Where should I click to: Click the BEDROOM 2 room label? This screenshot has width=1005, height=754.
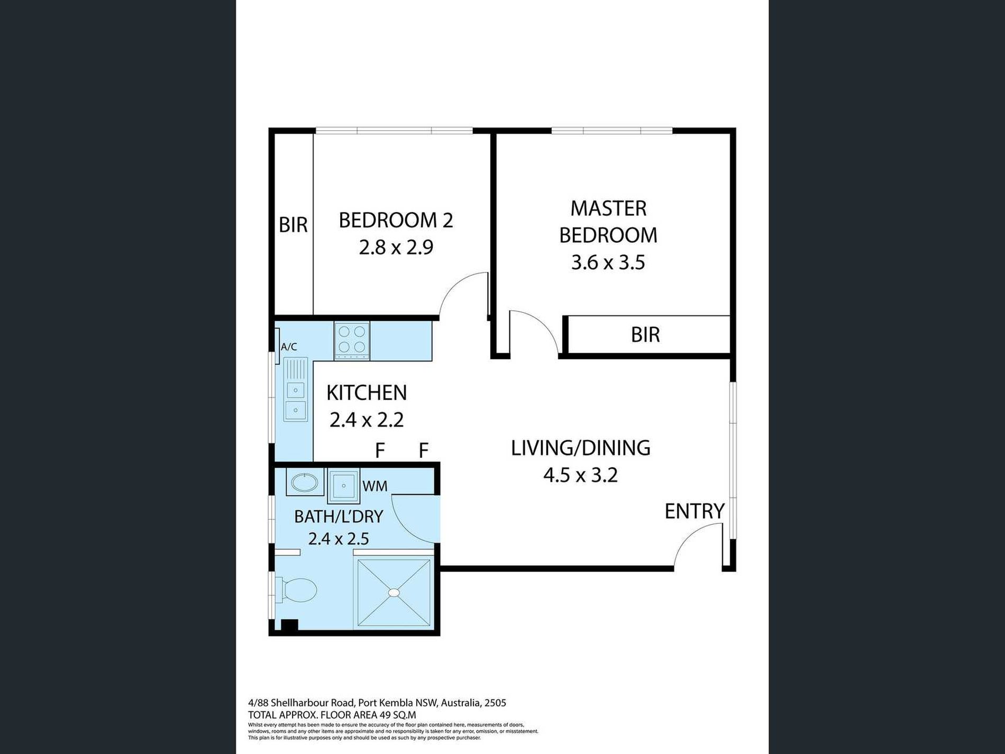coord(396,220)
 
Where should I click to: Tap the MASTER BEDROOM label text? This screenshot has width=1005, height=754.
coord(608,222)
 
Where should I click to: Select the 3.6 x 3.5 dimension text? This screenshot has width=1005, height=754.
coord(608,262)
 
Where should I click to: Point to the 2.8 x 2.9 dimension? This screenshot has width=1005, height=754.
coord(396,247)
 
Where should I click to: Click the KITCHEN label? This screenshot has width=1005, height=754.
coord(367,393)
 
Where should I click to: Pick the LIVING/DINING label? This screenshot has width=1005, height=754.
coord(580,448)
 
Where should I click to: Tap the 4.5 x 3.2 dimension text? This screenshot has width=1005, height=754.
coord(580,475)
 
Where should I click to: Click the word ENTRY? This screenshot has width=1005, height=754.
coord(695,511)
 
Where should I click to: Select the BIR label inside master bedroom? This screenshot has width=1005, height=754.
coord(645,334)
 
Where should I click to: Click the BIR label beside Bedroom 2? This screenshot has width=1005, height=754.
coord(293,225)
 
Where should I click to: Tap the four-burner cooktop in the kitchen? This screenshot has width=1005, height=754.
coord(352,341)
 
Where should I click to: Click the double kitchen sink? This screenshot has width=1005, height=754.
coord(295,390)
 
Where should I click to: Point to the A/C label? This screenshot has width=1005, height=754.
coord(289,347)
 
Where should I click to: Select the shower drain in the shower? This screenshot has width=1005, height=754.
coord(394,593)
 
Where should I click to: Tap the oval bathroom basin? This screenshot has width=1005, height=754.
coord(304,483)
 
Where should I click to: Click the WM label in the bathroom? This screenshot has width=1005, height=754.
coord(374,486)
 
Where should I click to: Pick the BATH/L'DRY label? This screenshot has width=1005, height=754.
coord(339,516)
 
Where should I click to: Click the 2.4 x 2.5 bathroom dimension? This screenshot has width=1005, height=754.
coord(339,539)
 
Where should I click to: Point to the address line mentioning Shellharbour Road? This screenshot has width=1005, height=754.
coord(377,703)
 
